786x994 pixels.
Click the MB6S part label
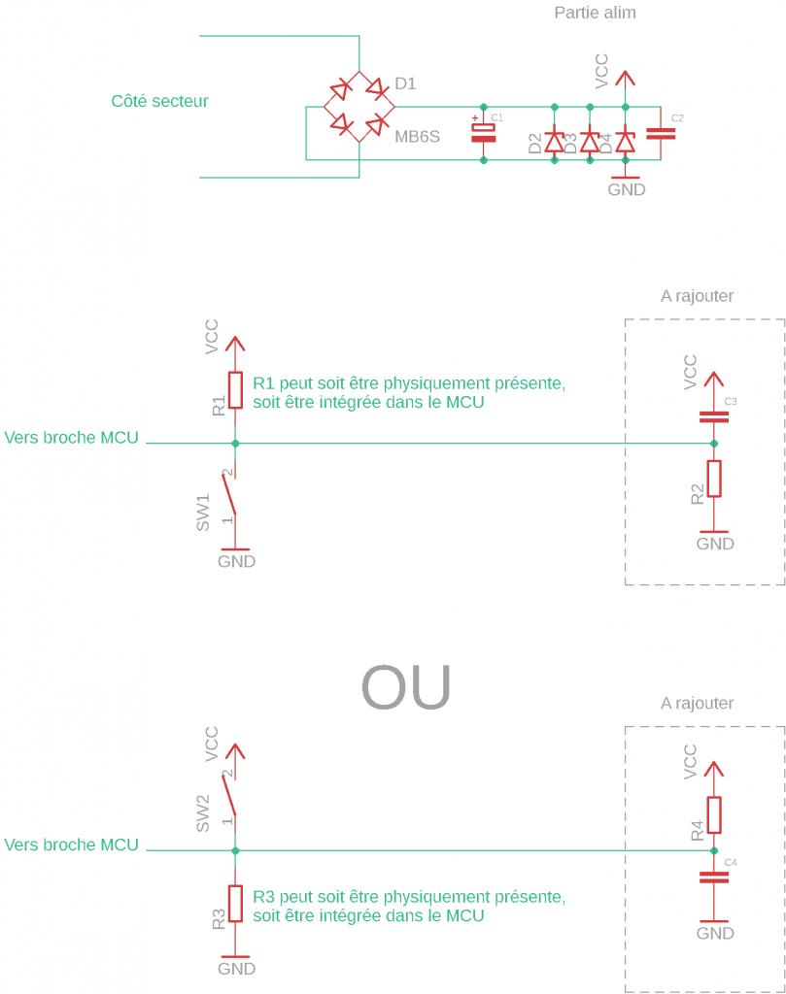point(417,137)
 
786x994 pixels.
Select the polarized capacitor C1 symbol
point(483,132)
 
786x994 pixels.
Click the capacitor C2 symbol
point(660,133)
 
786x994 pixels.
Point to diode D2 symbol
point(555,143)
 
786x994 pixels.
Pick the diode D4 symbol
point(625,143)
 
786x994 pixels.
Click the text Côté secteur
point(159,101)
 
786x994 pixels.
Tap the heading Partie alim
point(595,14)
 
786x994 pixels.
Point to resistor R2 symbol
point(714,479)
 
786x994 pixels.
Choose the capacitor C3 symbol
point(714,417)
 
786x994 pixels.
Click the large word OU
point(406,687)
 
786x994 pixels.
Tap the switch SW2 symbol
point(231,798)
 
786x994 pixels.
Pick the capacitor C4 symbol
point(714,877)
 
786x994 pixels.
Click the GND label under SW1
point(236,561)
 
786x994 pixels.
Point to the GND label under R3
point(236,968)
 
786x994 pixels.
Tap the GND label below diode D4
point(626,189)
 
